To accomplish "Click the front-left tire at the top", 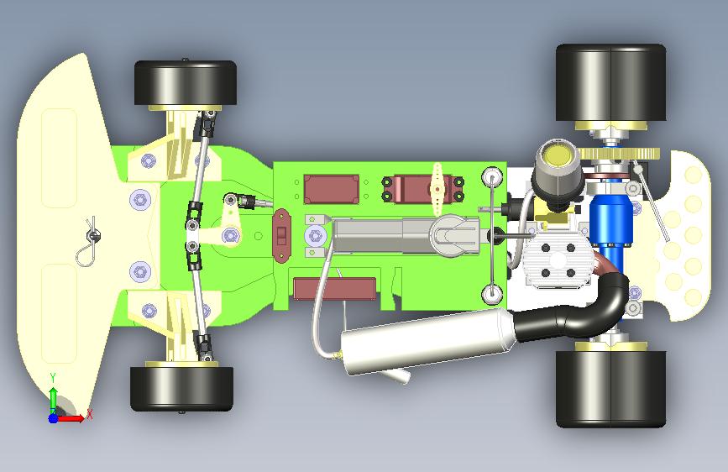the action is click(x=186, y=82).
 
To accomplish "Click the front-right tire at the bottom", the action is click(x=181, y=389).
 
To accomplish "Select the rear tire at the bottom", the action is click(x=611, y=389).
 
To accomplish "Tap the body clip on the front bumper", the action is click(x=89, y=243).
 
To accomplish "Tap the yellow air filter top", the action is click(x=558, y=155).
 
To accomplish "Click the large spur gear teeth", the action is click(x=620, y=154).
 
